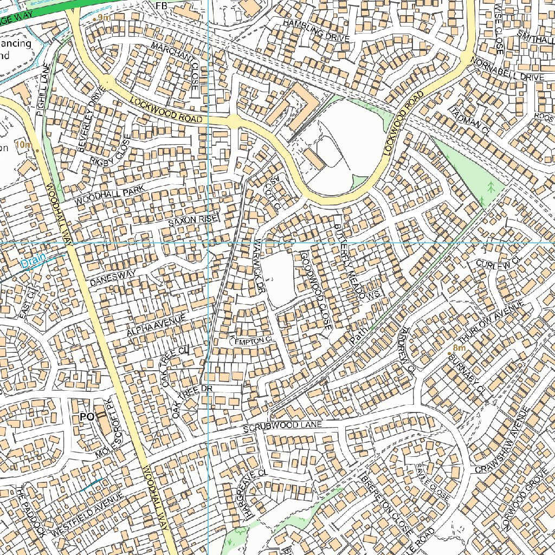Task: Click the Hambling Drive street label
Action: [317, 30]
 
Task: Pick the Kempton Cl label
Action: [250, 339]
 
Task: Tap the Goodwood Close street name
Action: [316, 291]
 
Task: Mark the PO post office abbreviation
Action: [87, 417]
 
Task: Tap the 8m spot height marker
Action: [459, 349]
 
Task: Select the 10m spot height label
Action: [24, 145]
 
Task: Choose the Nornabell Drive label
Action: [507, 69]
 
